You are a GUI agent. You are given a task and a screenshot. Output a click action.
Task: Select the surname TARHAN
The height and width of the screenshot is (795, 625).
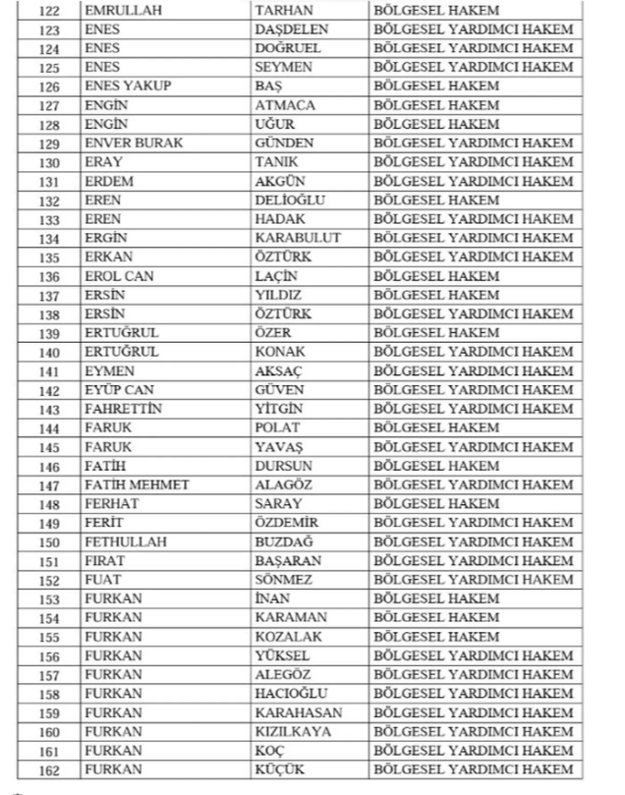click(x=284, y=11)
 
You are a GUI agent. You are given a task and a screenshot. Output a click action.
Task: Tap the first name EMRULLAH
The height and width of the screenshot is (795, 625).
click(x=125, y=11)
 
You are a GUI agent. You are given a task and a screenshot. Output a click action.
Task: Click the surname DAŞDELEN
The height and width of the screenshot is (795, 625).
click(x=292, y=29)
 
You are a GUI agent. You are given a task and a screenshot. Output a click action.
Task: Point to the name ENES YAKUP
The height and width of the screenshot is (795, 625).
click(x=129, y=86)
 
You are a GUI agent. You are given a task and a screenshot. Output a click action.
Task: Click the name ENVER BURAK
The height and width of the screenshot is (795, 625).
click(x=133, y=143)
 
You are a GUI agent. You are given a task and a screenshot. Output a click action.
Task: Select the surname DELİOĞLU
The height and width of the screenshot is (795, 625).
click(x=290, y=200)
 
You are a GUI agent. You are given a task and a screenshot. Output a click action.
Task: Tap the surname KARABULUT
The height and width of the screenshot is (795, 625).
click(x=298, y=238)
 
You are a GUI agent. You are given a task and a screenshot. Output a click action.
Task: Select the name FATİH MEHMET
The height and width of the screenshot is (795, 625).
click(x=137, y=485)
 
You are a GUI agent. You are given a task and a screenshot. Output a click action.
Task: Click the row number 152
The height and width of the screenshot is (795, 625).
click(x=49, y=580)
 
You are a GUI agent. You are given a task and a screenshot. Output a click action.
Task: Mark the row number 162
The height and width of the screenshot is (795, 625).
click(x=49, y=769)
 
